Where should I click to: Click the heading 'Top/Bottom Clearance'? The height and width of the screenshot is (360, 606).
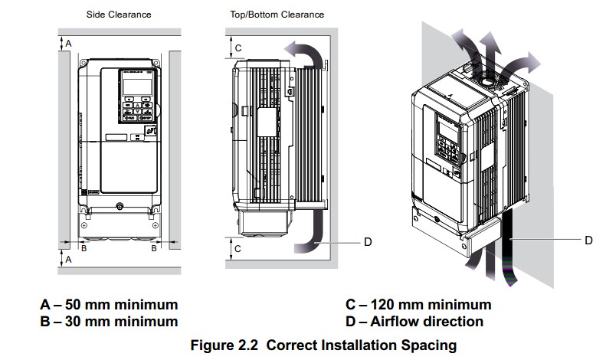pos(277,15)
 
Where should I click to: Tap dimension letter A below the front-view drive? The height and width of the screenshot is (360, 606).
pos(68,260)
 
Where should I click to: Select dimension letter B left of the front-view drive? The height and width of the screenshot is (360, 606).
pos(84,248)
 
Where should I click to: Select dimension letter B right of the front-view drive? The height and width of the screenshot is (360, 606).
pos(154,248)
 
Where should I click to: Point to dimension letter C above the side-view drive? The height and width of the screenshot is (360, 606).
pos(238,48)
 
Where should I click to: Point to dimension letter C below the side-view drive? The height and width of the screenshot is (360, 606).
pos(238,249)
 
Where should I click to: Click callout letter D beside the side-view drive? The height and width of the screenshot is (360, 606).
pos(367,241)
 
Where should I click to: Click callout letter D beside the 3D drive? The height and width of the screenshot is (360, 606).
pos(588,240)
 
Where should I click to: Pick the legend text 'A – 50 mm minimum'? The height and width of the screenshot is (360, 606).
pos(109,305)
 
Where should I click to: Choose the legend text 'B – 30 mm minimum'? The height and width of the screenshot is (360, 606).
pos(109,322)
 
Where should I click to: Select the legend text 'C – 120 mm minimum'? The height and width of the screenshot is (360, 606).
pos(418,305)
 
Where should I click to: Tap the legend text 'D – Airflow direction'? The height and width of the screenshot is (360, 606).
pos(414,322)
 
